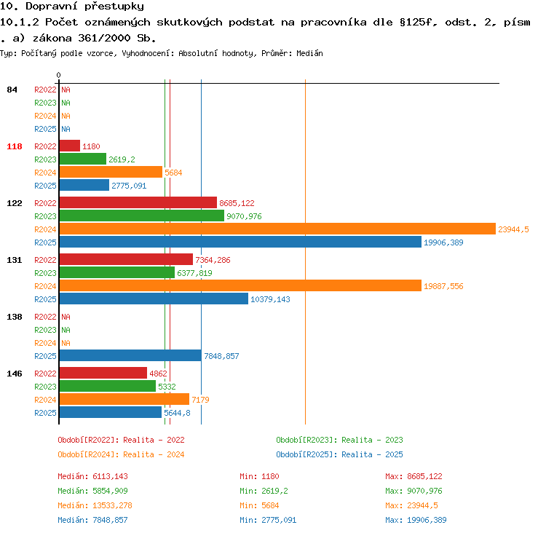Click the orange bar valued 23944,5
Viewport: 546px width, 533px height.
pyautogui.click(x=277, y=229)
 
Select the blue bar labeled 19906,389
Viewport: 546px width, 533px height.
pyautogui.click(x=240, y=242)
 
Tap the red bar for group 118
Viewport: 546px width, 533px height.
pyautogui.click(x=70, y=146)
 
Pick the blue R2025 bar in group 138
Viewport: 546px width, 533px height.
pyautogui.click(x=130, y=355)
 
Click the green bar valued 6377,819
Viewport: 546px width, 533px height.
pyautogui.click(x=117, y=272)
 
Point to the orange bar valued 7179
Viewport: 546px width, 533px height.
pyautogui.click(x=124, y=399)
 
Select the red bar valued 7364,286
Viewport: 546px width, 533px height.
pyautogui.click(x=126, y=259)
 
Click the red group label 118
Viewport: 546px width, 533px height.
pyautogui.click(x=15, y=146)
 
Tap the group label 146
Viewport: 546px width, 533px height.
pyautogui.click(x=15, y=374)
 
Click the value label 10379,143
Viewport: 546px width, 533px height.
pyautogui.click(x=270, y=299)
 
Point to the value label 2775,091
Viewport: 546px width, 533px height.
pyautogui.click(x=129, y=186)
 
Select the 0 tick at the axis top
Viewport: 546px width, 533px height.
pyautogui.click(x=58, y=75)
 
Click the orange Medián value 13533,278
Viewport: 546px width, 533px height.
pyautogui.click(x=112, y=505)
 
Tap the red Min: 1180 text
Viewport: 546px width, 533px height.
pyautogui.click(x=259, y=476)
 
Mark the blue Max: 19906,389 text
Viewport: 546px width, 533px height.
pyautogui.click(x=416, y=520)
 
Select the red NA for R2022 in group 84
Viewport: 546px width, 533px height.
pyautogui.click(x=66, y=90)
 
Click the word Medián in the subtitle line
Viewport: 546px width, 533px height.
pyautogui.click(x=309, y=53)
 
